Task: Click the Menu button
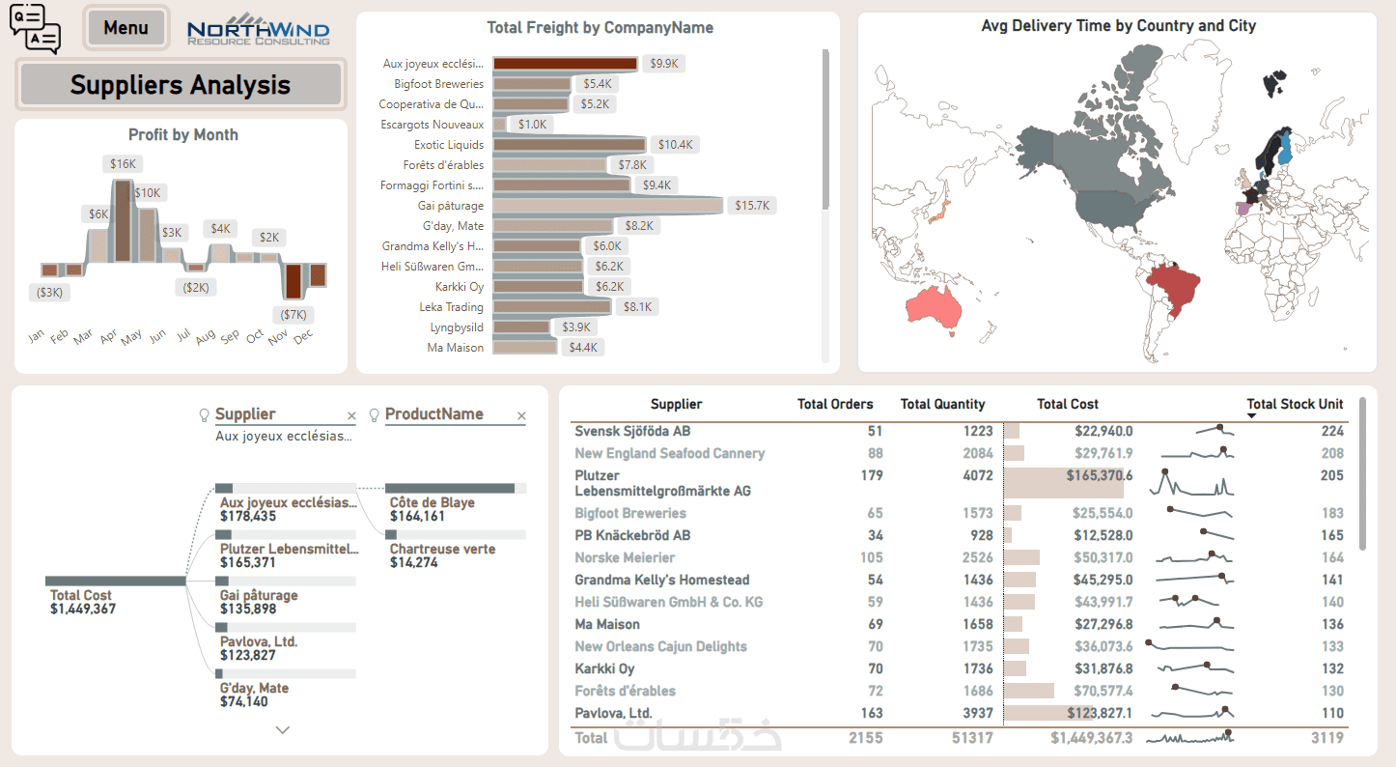click(126, 28)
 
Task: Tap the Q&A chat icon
click(35, 28)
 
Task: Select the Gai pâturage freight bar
click(607, 206)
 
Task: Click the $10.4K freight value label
click(675, 145)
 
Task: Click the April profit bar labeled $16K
click(123, 220)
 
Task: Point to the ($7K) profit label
click(293, 314)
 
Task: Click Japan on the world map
click(939, 213)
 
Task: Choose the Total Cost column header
click(1067, 405)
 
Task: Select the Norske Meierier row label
click(625, 557)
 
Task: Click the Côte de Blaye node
click(431, 503)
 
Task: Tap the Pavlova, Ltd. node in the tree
click(258, 641)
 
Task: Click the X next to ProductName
click(521, 416)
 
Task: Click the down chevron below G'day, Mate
click(283, 730)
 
